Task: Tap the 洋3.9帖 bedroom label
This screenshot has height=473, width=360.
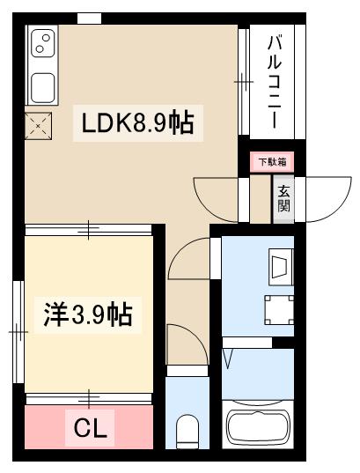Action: point(87,314)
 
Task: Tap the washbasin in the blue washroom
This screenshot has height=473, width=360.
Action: point(280,265)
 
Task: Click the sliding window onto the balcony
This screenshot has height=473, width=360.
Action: point(244,81)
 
